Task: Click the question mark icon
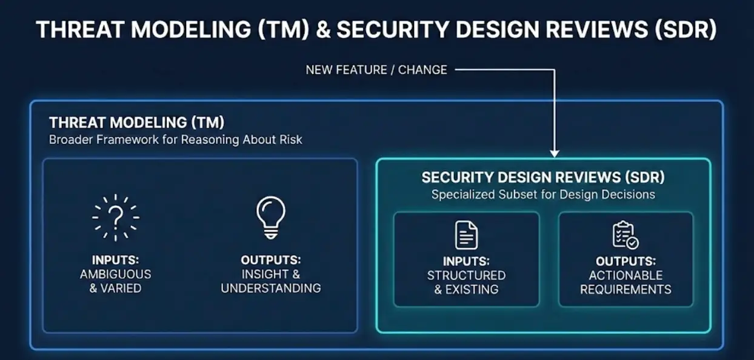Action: [x=115, y=218]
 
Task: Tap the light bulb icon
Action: [x=271, y=218]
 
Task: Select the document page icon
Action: [x=466, y=235]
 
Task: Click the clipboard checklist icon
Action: [x=626, y=235]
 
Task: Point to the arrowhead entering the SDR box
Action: [x=555, y=154]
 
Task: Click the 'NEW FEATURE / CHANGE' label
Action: [x=376, y=70]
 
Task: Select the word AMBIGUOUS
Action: [x=115, y=274]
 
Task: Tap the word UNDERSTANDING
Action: [x=271, y=288]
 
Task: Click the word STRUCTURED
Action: [x=466, y=276]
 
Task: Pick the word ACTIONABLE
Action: [x=626, y=276]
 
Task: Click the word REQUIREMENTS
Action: [x=626, y=289]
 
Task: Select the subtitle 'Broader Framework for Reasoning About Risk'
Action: [x=175, y=139]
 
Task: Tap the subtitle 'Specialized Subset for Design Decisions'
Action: [x=543, y=195]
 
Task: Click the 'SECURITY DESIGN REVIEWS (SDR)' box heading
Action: [x=543, y=178]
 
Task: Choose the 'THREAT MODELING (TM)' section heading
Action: [x=136, y=122]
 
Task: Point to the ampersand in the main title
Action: [x=323, y=29]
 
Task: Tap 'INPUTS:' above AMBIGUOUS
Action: [x=115, y=260]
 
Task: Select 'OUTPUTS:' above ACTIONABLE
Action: [x=626, y=261]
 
